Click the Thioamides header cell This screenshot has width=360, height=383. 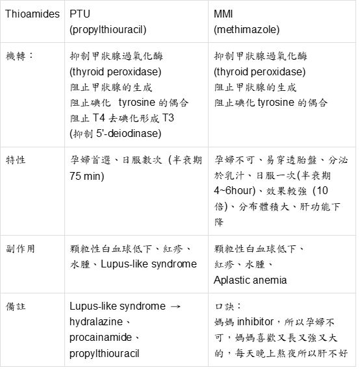pyautogui.click(x=32, y=14)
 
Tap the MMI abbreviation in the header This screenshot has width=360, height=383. pyautogui.click(x=224, y=14)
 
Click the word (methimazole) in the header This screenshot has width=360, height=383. pyautogui.click(x=244, y=29)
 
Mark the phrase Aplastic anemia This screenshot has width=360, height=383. pyautogui.click(x=250, y=280)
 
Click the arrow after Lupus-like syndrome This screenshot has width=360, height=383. pyautogui.click(x=174, y=306)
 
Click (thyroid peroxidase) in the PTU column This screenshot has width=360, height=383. pyautogui.click(x=115, y=71)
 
